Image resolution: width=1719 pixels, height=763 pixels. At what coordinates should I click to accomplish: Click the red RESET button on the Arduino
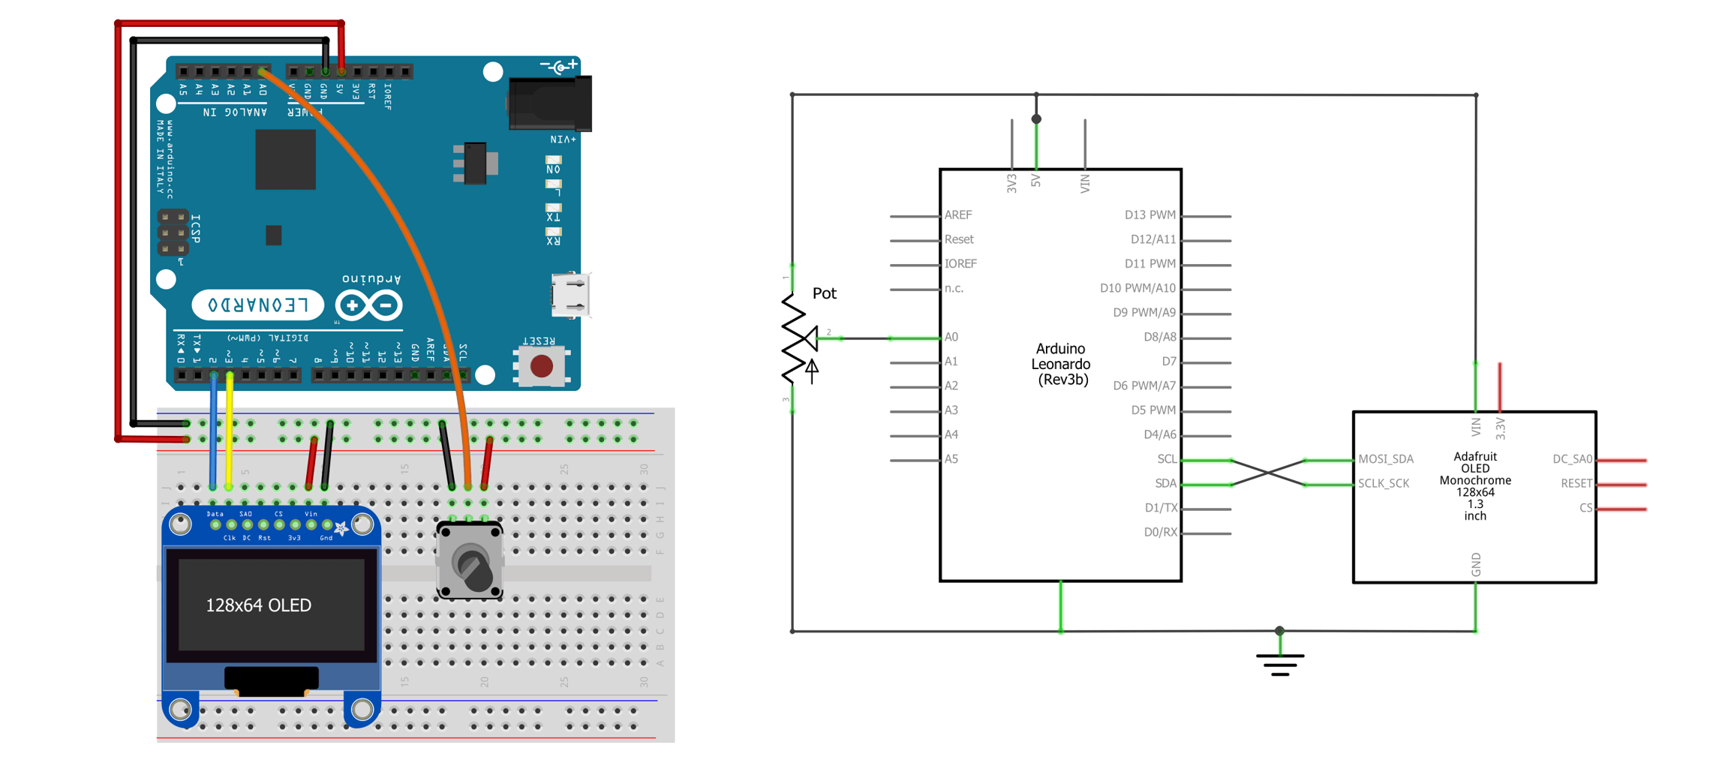click(541, 366)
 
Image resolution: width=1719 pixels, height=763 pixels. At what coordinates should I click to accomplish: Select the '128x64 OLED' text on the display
click(258, 605)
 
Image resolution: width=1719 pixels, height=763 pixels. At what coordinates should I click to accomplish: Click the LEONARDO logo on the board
click(257, 305)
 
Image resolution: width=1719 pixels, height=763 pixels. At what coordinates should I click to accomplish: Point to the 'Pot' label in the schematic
click(824, 293)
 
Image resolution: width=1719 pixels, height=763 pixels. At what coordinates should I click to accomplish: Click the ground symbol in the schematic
click(1280, 660)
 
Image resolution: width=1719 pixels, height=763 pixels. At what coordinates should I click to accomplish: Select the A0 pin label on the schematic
click(951, 338)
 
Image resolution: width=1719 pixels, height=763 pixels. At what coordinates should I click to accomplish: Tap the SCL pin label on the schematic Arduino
click(1166, 459)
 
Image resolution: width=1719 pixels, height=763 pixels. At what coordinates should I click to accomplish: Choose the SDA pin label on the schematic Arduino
click(1165, 484)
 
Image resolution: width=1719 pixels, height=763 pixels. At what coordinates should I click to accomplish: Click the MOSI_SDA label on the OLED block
click(1385, 459)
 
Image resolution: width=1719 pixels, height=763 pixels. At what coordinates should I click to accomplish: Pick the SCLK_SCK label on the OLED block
click(1383, 484)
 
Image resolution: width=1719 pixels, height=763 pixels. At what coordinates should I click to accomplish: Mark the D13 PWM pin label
click(1150, 215)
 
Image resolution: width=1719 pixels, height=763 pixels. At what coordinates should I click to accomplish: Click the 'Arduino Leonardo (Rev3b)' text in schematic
click(1060, 365)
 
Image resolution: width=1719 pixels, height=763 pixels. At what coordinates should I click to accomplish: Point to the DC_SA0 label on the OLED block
click(1572, 459)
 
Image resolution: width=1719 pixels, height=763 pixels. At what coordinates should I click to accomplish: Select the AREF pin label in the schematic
click(957, 215)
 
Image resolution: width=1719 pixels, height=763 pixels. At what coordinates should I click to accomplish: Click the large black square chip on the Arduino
click(285, 160)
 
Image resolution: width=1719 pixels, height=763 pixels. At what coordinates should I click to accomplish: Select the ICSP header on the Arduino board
click(173, 233)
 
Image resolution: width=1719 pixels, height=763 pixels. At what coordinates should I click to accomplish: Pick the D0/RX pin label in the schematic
click(1160, 533)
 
